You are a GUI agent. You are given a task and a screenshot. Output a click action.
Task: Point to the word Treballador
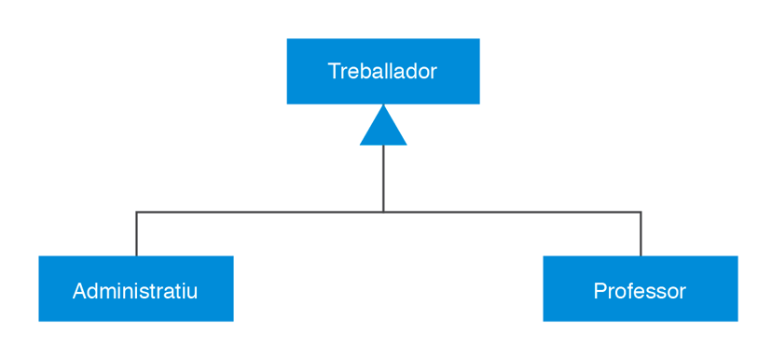tap(382, 71)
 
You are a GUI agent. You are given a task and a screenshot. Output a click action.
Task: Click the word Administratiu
tap(135, 290)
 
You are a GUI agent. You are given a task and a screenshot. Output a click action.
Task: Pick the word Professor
tap(640, 290)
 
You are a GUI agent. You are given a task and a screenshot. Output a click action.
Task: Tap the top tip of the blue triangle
tap(383, 106)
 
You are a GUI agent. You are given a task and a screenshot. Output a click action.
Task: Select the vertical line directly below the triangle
tap(383, 177)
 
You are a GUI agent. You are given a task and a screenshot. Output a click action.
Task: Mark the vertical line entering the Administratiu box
tap(136, 235)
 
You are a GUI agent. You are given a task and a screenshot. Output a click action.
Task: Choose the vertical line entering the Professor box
tap(641, 235)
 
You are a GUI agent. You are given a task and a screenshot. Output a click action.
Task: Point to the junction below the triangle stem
tap(383, 212)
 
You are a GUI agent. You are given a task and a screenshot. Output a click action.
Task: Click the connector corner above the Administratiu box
tap(136, 212)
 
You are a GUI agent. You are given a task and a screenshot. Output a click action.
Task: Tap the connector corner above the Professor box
tap(641, 212)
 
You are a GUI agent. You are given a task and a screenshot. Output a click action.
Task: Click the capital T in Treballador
tap(334, 71)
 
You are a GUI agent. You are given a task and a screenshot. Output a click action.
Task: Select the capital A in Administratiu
tap(79, 290)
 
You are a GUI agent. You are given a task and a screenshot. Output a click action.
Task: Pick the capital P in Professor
tap(600, 290)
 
